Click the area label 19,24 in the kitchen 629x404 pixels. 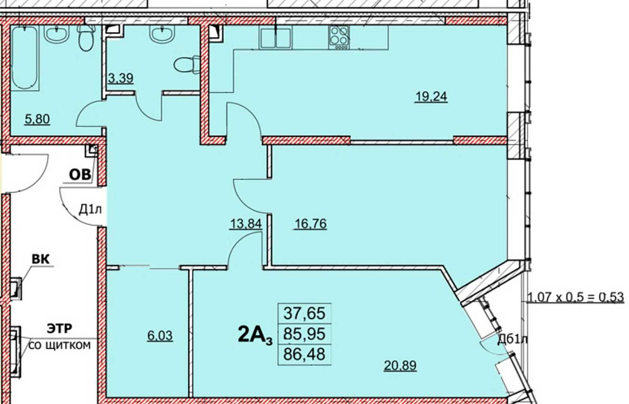coord(431,97)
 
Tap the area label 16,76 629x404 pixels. coord(310,224)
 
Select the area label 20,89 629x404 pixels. coord(401,365)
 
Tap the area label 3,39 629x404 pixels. coord(121,79)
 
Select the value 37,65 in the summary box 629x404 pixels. coord(304,312)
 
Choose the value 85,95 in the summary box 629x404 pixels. coord(304,333)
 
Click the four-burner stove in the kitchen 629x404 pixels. coord(339,38)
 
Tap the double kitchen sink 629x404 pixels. coord(277,38)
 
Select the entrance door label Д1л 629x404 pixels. coord(90,209)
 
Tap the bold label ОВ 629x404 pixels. coord(81,175)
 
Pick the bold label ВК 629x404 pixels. coord(42,258)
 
